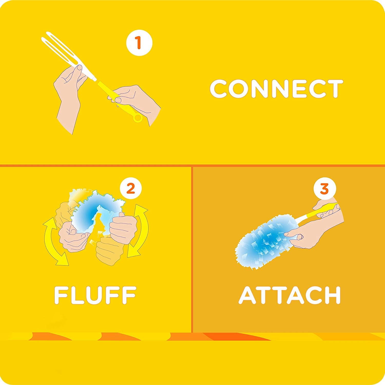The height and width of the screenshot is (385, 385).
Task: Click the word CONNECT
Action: (276, 89)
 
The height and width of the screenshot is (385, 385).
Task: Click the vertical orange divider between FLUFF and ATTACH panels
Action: (192, 249)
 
